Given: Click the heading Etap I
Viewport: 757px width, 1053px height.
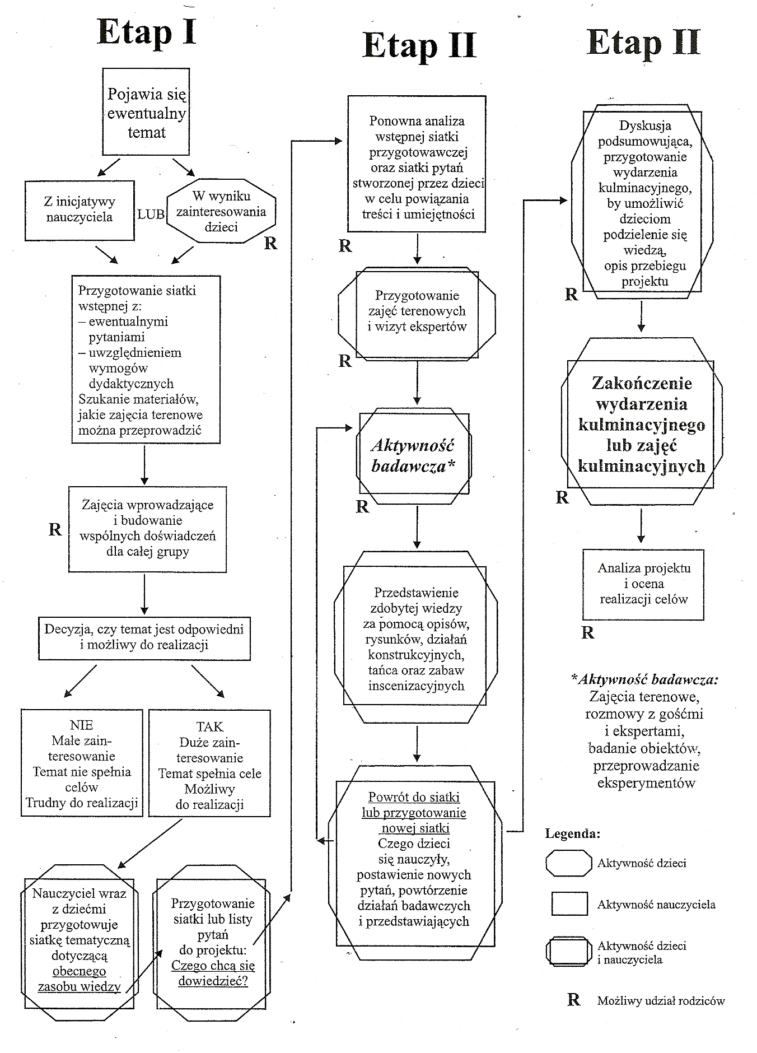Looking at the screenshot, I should tap(147, 32).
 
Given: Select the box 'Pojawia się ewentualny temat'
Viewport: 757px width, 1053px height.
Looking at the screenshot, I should tap(146, 113).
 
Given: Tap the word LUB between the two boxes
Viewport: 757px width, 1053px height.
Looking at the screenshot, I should tap(151, 214).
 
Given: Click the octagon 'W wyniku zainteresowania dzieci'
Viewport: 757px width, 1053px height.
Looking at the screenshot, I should tap(221, 211).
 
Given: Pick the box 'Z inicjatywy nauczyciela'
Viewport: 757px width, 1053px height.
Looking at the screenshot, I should tap(80, 210).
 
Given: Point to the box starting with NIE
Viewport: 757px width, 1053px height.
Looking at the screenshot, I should tap(82, 763).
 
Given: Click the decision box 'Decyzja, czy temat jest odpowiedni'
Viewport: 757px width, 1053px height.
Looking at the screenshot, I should tap(144, 637).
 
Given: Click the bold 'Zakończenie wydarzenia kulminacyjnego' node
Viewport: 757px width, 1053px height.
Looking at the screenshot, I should tap(641, 425).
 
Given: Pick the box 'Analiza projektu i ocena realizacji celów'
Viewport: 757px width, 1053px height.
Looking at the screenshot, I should tap(643, 584).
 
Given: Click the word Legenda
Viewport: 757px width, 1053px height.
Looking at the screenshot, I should tap(572, 833).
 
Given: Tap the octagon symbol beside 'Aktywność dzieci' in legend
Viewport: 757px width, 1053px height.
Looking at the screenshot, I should tap(568, 863).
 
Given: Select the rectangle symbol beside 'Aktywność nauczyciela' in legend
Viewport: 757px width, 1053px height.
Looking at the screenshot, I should tap(569, 903).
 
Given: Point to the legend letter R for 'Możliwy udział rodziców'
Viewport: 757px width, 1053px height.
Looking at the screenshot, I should tap(573, 1000).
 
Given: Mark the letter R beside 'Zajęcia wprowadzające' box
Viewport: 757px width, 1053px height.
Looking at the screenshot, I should tap(55, 529).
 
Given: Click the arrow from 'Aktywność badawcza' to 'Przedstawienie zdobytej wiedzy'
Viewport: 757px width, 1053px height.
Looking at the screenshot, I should tap(417, 527).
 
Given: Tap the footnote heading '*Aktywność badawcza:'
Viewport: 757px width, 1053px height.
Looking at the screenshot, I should tap(644, 679).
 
